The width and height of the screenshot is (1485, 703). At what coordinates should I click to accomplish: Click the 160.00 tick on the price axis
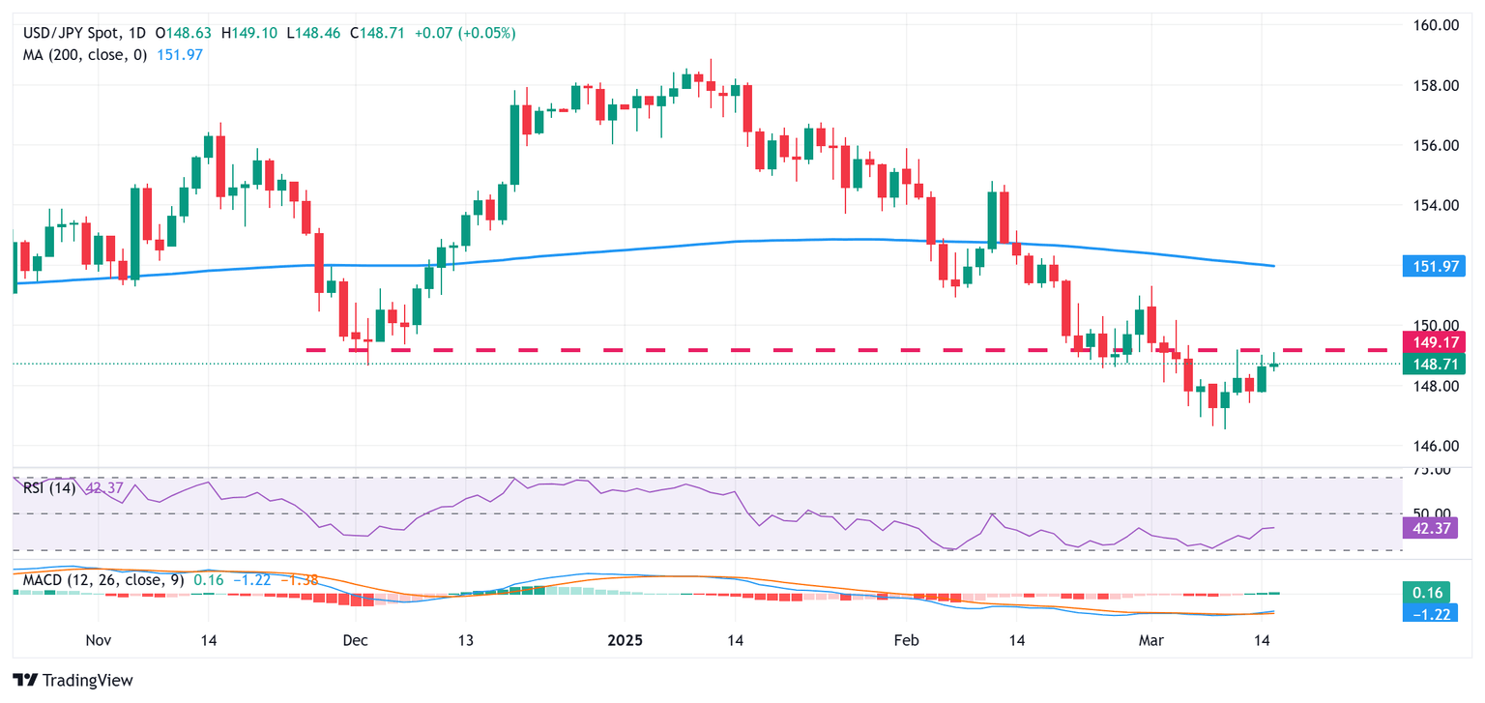[x=1430, y=25]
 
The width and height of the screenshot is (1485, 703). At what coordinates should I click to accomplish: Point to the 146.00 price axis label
[x=1430, y=446]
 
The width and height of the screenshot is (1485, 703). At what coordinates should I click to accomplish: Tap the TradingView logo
[x=73, y=680]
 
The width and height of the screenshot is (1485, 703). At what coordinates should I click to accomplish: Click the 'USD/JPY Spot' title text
[x=68, y=33]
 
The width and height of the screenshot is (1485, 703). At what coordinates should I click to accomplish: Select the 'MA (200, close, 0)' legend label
[x=85, y=54]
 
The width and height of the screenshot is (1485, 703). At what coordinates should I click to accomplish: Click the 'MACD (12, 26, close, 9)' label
[x=101, y=579]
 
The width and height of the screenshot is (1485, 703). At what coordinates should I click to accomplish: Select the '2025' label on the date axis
[x=624, y=640]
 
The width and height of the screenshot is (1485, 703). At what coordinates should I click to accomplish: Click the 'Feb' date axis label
[x=906, y=640]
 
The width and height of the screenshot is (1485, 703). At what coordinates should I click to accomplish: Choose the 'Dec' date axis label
[x=356, y=640]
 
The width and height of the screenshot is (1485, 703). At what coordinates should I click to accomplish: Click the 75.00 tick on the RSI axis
[x=1430, y=470]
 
